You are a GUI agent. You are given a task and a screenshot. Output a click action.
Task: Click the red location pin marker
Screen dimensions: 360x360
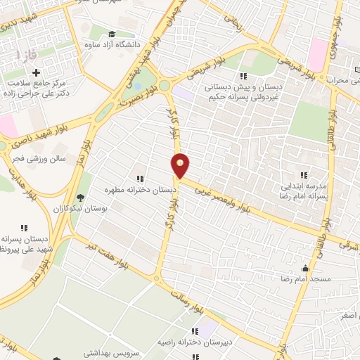181,165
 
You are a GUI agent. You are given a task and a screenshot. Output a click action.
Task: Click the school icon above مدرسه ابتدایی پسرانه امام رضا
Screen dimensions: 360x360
304,175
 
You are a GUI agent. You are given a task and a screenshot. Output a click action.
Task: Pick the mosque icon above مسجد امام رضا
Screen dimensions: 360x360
305,268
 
